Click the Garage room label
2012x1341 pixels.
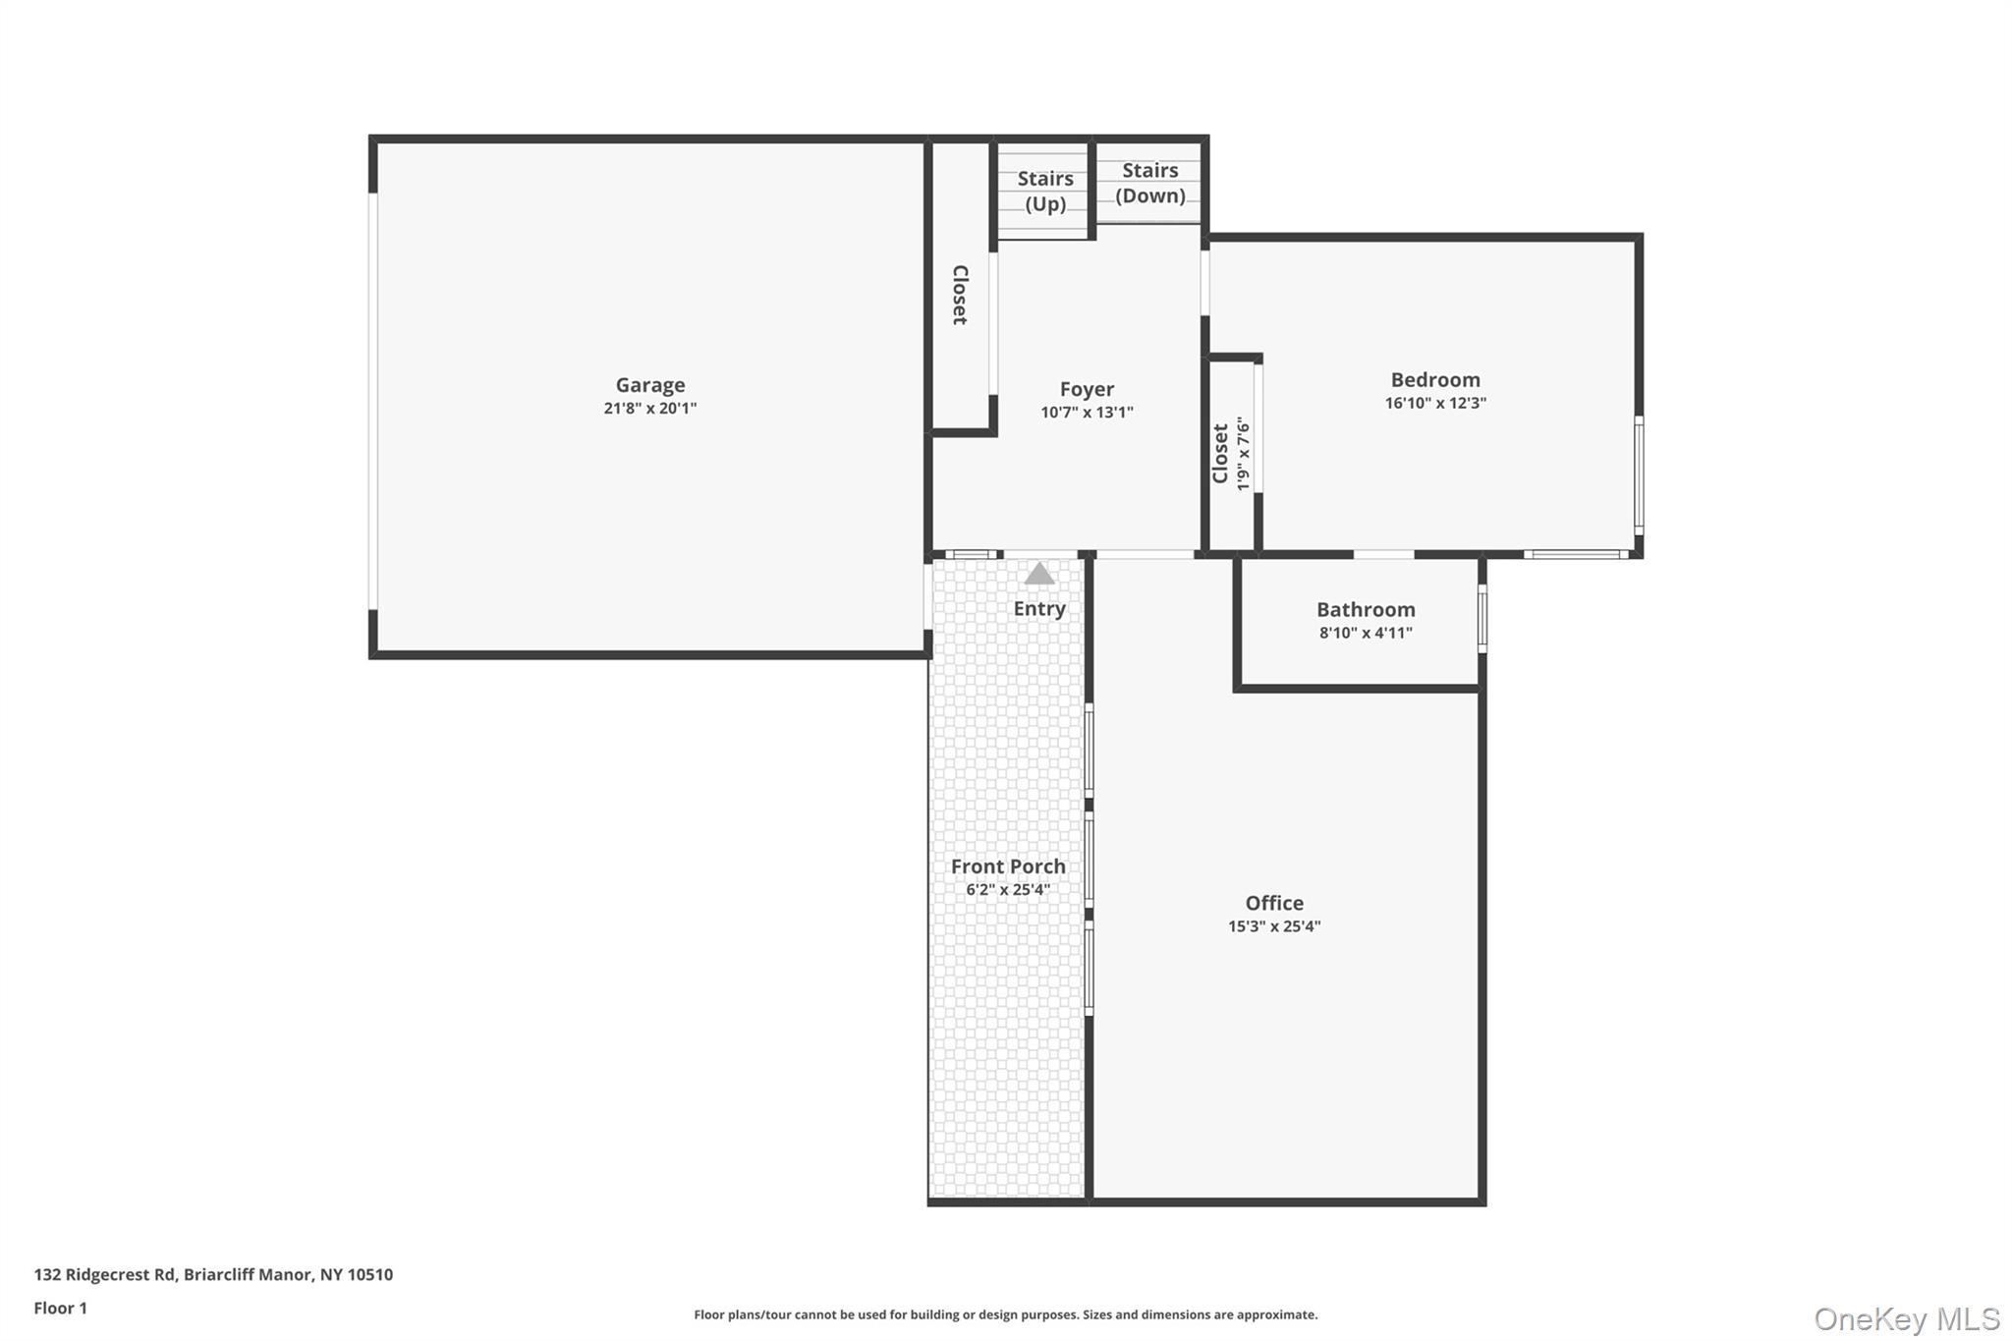point(649,385)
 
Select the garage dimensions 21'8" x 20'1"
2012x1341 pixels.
point(649,409)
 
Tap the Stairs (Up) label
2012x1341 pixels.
point(1044,192)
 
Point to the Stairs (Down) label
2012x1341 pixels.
point(1149,183)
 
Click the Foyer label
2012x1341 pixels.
point(1087,389)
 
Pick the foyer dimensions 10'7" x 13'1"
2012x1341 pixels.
point(1087,413)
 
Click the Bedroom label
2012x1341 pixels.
point(1434,379)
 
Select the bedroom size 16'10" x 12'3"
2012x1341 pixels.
point(1434,403)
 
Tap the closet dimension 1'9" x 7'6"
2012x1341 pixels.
point(1243,454)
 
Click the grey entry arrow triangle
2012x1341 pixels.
point(1038,574)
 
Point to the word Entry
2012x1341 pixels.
point(1038,609)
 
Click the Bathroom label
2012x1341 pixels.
point(1365,609)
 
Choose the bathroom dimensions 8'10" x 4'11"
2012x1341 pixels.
point(1365,634)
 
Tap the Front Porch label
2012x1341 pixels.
point(1007,866)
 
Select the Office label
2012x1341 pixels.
point(1273,903)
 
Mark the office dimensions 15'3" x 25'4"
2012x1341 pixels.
point(1273,926)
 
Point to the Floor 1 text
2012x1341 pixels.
point(60,1308)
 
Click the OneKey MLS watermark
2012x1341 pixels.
point(1906,1318)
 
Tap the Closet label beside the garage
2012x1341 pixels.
point(960,295)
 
